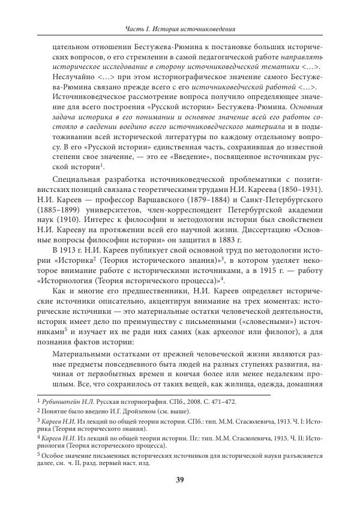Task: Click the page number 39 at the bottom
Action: click(179, 479)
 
